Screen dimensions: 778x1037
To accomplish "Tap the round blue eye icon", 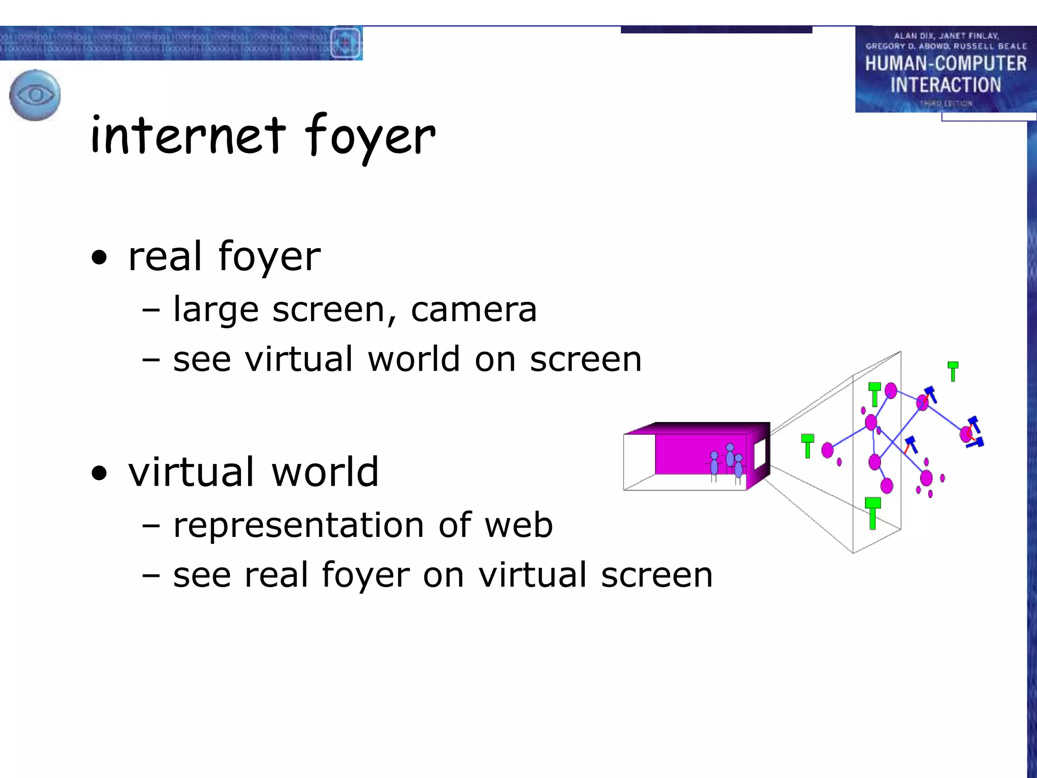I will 35,95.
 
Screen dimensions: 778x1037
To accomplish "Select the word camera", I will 473,309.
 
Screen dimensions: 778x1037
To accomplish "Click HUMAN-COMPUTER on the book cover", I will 945,64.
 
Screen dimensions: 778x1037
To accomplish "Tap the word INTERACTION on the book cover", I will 945,85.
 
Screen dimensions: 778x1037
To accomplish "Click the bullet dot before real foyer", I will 100,257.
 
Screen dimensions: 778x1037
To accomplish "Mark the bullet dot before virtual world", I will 100,473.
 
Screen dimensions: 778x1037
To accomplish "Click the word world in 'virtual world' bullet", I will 325,472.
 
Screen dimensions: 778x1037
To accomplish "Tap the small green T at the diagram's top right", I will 953,371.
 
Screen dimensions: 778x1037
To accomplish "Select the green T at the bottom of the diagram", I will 872,513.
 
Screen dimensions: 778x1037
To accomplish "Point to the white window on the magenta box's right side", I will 760,453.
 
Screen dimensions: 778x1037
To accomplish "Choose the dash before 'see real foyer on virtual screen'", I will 151,576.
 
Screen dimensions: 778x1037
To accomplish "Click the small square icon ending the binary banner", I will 345,44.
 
